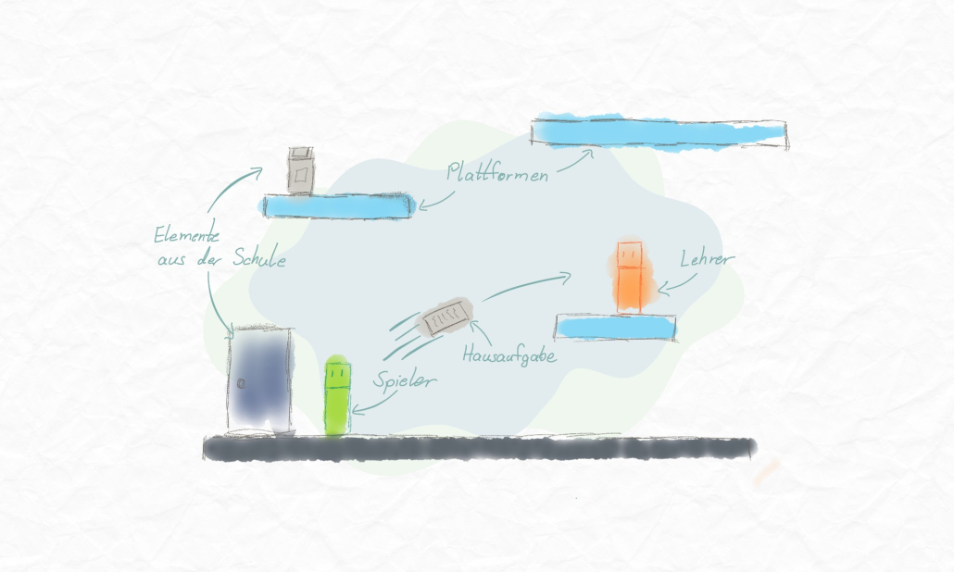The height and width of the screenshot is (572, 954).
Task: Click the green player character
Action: click(337, 396)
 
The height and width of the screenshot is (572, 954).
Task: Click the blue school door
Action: click(260, 379)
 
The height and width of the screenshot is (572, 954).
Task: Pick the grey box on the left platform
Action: click(299, 171)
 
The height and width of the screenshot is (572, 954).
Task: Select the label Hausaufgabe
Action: click(508, 354)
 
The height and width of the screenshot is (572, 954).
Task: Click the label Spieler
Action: click(405, 379)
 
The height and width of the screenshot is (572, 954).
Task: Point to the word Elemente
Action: click(187, 236)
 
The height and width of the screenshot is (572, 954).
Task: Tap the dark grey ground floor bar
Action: click(478, 449)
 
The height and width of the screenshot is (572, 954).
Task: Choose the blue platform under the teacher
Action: click(615, 327)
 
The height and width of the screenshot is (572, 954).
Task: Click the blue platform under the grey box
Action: click(337, 205)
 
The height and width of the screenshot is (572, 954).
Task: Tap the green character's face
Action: click(337, 374)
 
